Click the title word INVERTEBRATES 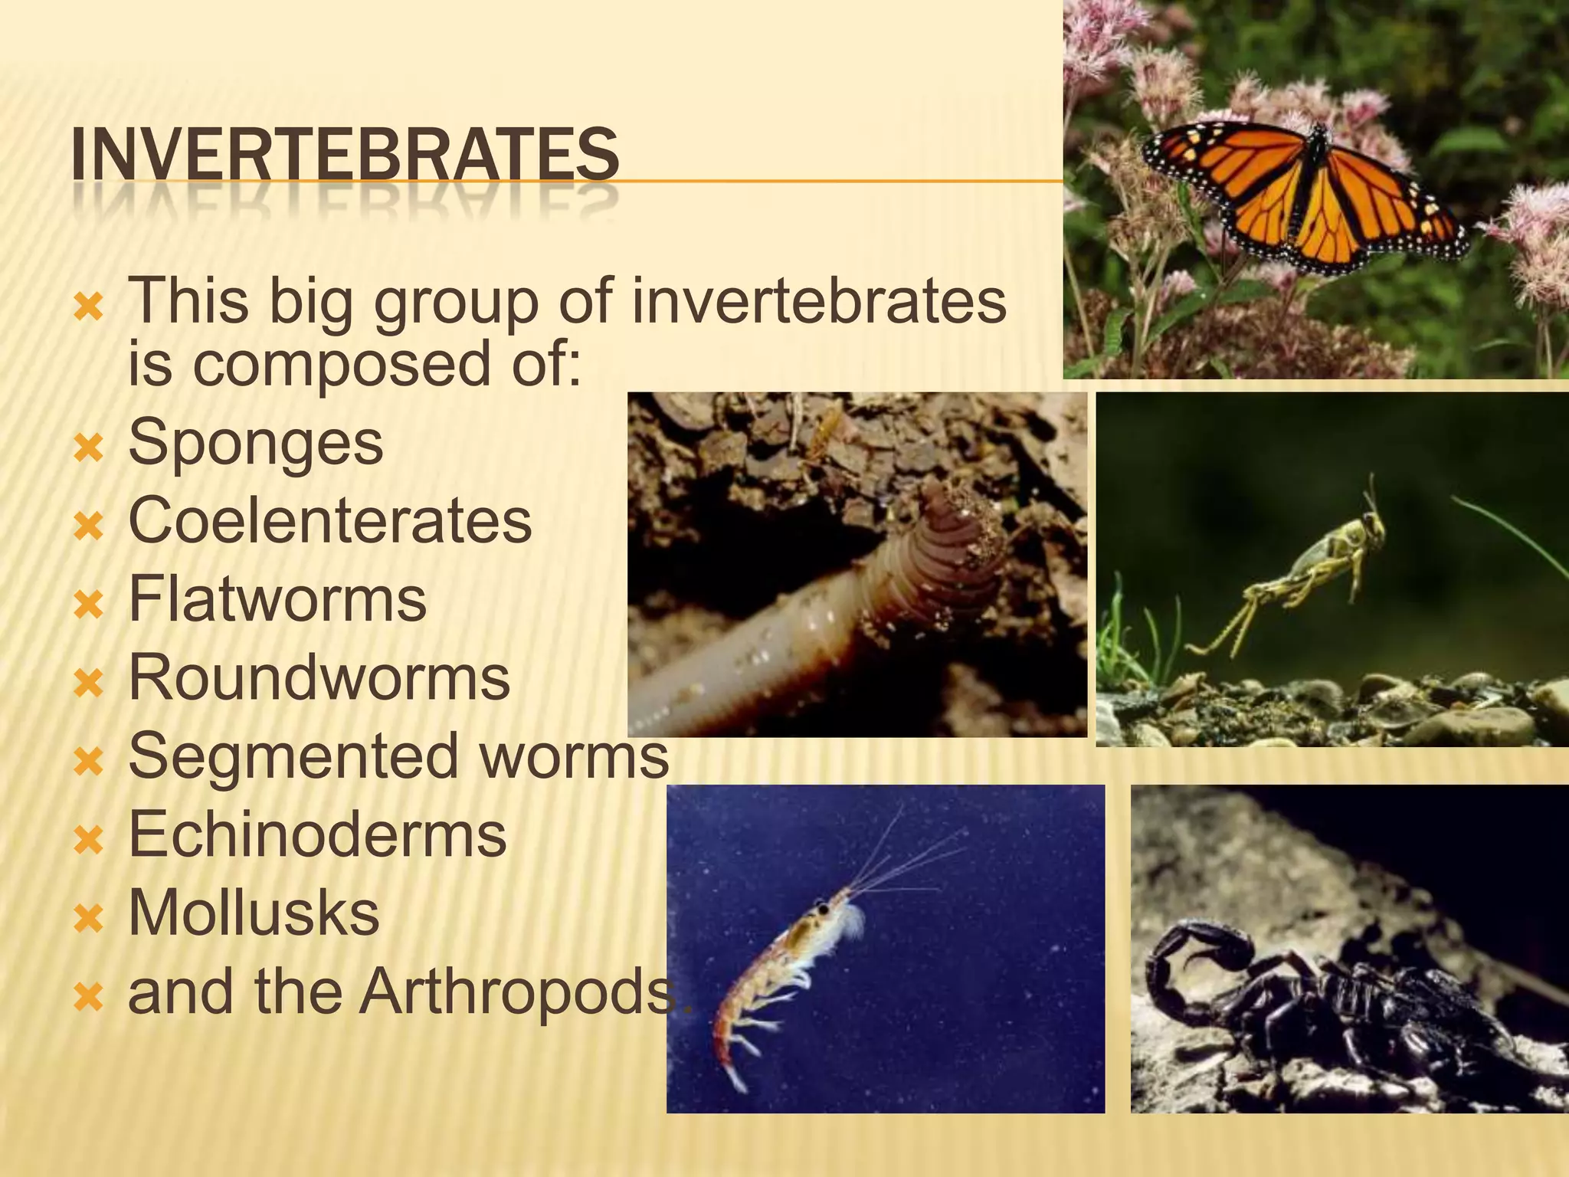345,156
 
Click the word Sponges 255,442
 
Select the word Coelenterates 329,520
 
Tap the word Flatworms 277,599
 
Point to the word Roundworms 319,678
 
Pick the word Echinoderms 317,834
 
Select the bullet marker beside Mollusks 89,918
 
